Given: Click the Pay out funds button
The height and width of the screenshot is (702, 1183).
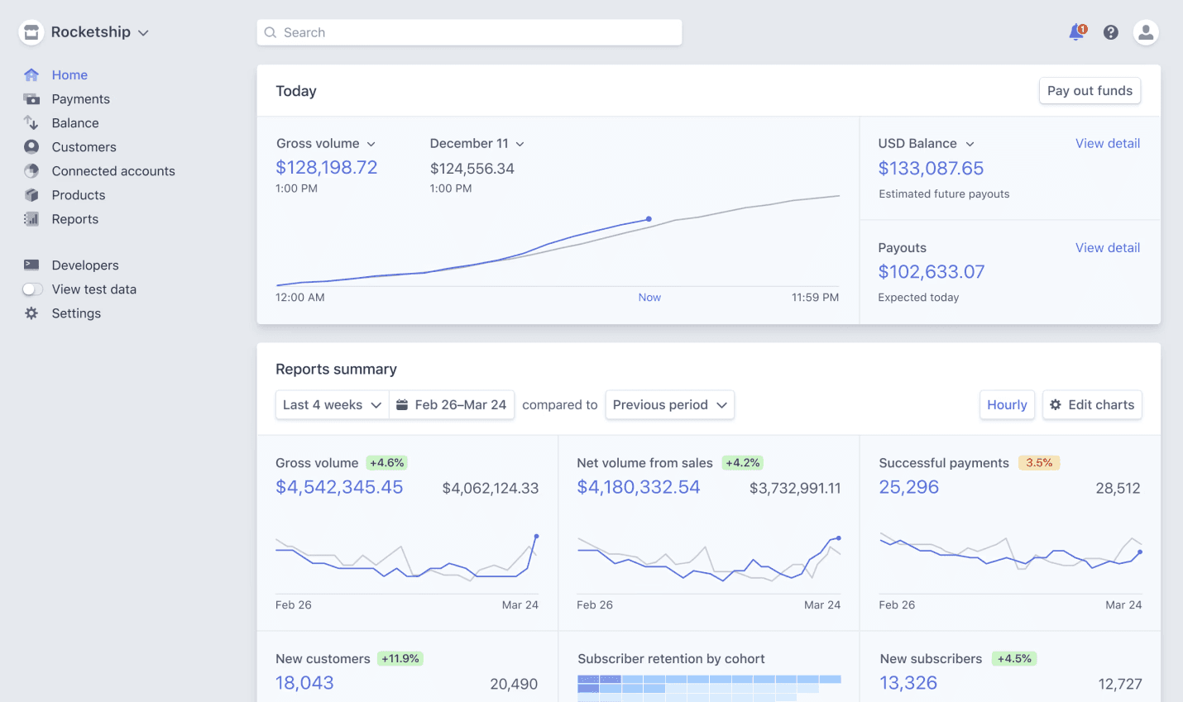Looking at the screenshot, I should pos(1090,91).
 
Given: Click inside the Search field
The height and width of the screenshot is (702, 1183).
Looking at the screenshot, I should pos(469,32).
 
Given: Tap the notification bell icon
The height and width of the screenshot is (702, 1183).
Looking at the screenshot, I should pos(1076,32).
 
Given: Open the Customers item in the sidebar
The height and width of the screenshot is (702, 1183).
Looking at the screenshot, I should pos(84,147).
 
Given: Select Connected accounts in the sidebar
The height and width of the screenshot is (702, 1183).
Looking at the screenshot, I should pos(113,171).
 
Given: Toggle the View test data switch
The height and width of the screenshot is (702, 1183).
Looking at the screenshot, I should pos(32,289).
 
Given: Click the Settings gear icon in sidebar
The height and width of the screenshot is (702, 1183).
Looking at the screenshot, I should pos(31,313).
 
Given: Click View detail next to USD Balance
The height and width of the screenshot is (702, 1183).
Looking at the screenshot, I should pos(1107,144).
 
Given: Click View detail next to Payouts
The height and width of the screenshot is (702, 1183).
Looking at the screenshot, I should pos(1107,248).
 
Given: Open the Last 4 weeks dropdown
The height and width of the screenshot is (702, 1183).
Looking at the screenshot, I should pos(332,405).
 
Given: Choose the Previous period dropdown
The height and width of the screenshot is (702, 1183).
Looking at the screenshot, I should pos(669,405).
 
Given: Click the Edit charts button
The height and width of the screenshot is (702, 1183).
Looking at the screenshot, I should pos(1092,405).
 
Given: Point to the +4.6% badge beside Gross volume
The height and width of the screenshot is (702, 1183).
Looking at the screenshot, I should pos(386,463).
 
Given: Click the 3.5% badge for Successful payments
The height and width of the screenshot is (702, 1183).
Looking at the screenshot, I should pos(1039,463).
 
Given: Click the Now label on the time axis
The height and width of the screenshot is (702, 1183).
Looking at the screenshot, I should pos(649,298).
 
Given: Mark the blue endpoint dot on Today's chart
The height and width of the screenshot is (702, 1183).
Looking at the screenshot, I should pos(649,219).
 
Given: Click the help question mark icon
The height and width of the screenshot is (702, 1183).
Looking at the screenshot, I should pos(1111,32).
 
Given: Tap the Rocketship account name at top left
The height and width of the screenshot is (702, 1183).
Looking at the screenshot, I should pos(91,32).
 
